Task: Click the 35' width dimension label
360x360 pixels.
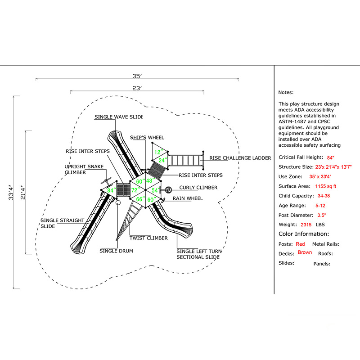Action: pos(137,76)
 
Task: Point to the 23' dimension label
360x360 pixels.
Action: pos(137,88)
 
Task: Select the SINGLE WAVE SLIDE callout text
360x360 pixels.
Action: pos(118,117)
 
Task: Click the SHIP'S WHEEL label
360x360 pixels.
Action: pos(147,137)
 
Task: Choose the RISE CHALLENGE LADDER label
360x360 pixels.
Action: pos(240,158)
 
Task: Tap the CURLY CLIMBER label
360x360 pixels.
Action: pos(198,188)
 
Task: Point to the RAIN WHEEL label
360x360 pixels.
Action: pos(188,198)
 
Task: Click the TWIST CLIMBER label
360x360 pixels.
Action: pos(148,238)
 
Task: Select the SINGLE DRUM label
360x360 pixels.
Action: pos(116,251)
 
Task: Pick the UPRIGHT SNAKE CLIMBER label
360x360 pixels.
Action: pos(84,169)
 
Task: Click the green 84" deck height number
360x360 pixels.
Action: pos(111,190)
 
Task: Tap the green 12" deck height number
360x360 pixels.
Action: pos(157,152)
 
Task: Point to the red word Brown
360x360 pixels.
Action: pos(305,252)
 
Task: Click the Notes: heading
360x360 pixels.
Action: pos(286,92)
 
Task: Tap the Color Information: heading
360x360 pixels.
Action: pos(304,234)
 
